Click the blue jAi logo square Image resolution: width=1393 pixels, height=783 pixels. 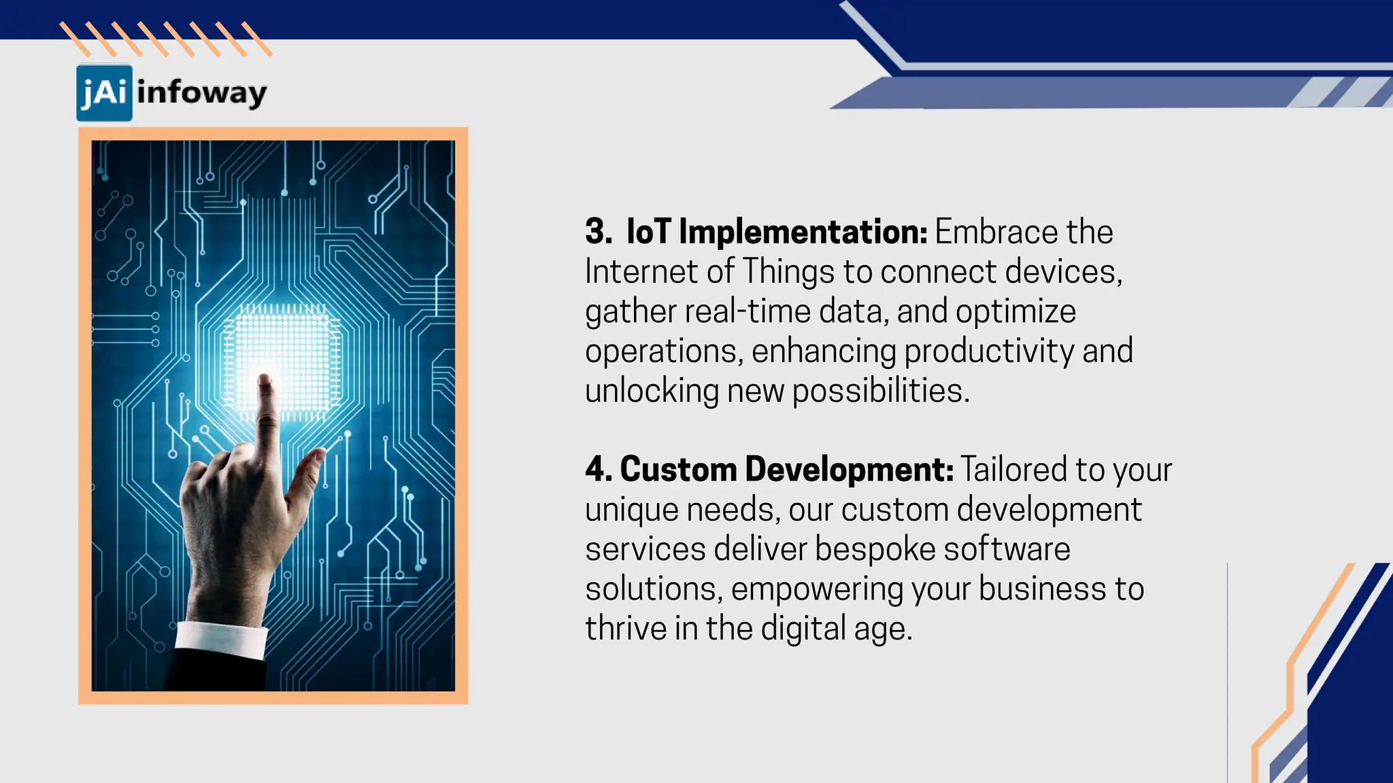click(x=104, y=92)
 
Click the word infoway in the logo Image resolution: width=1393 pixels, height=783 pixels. click(x=201, y=93)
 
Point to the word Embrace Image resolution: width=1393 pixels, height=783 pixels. click(x=996, y=232)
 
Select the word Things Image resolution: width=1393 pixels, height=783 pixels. click(x=787, y=273)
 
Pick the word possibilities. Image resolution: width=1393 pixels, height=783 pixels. click(x=880, y=391)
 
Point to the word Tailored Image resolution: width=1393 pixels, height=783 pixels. click(x=1013, y=470)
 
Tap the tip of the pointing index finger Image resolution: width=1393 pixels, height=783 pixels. click(x=265, y=381)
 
